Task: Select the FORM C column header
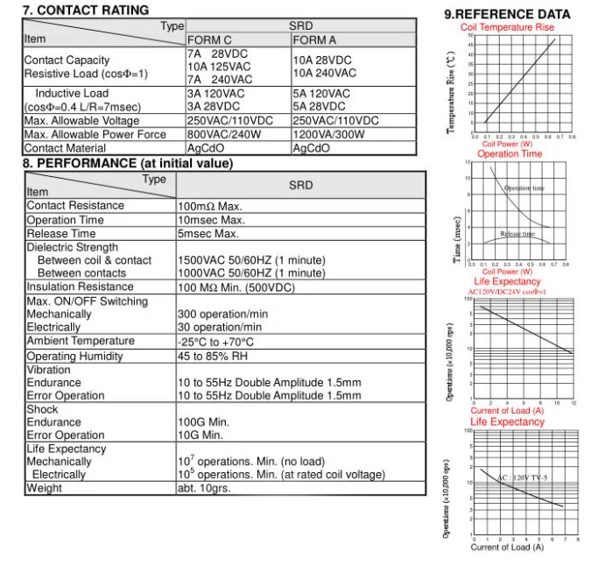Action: coord(209,40)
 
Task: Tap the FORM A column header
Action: coord(313,40)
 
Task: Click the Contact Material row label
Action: coord(67,148)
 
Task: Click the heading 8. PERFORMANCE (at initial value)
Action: coord(128,164)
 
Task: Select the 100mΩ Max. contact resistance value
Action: coord(210,207)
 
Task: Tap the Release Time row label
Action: coord(61,234)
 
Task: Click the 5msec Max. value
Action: coord(208,234)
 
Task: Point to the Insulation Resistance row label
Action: coord(81,286)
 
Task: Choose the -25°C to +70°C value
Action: coord(215,342)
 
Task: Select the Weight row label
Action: coord(44,488)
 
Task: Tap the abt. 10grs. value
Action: coord(204,488)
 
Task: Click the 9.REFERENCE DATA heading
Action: coord(507,14)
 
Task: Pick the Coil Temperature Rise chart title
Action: coord(507,27)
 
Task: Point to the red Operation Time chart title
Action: coord(510,154)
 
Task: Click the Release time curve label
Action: coord(517,234)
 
